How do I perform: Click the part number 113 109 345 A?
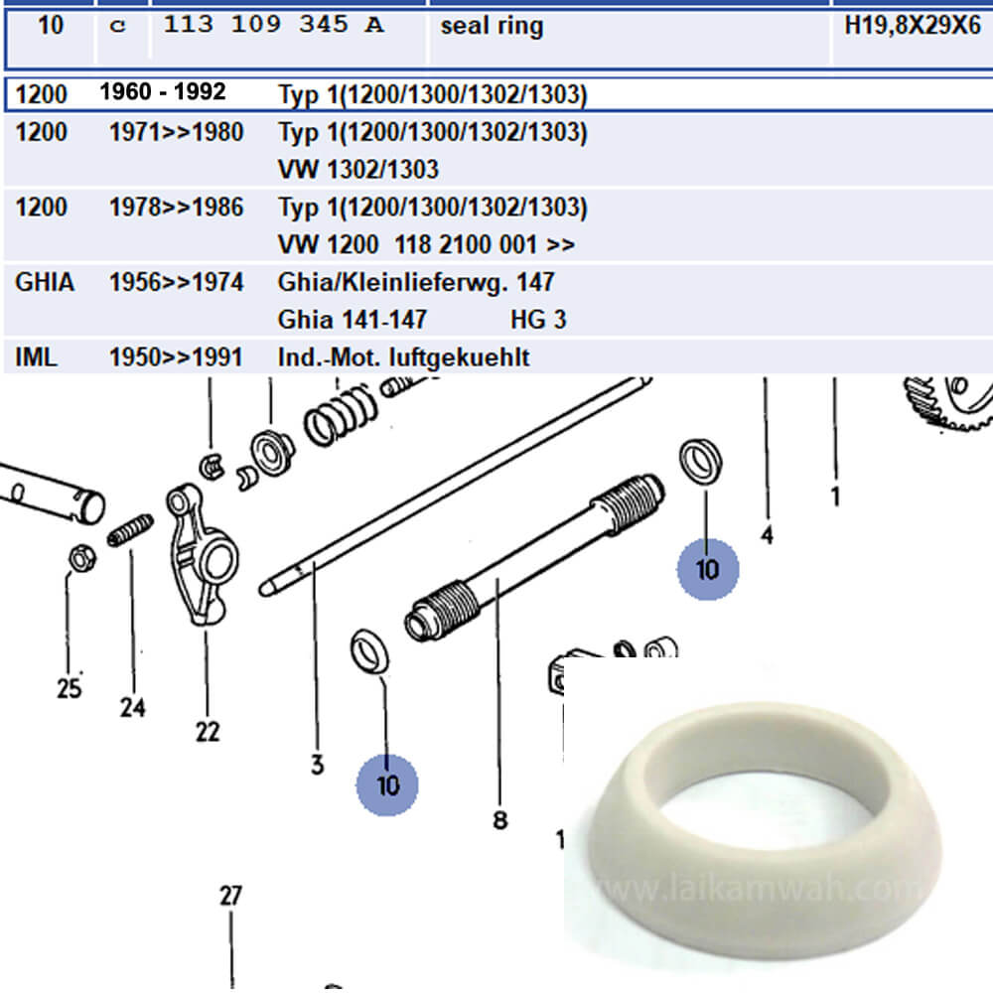pos(274,25)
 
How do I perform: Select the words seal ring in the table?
pos(492,27)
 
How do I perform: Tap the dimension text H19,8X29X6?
pos(913,26)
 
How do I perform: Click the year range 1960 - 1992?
pos(162,91)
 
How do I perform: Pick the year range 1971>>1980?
pos(176,132)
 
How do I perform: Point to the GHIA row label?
pos(45,282)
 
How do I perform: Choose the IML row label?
pos(36,357)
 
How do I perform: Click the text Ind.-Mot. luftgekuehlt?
pos(403,357)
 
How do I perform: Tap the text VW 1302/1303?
pos(358,170)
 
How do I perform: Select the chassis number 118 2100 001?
pos(466,244)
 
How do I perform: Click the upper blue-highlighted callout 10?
pos(707,569)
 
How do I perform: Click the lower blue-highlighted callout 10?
pos(387,785)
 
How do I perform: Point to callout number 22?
pos(208,732)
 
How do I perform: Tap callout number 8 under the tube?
pos(500,820)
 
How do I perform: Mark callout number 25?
pos(70,688)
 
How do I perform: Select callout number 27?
pos(230,896)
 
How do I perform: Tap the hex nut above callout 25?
pos(81,558)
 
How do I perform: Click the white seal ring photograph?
pos(765,829)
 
